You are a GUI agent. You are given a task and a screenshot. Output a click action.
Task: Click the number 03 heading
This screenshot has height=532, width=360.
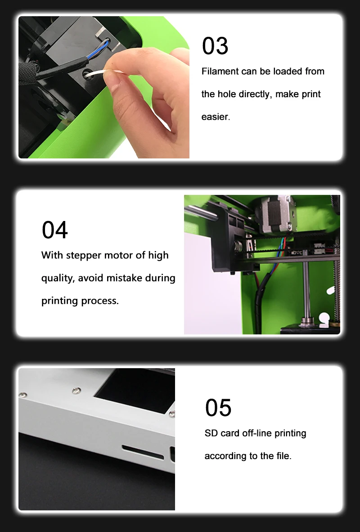(x=215, y=46)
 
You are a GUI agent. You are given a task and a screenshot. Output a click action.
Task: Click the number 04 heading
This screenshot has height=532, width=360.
(x=54, y=230)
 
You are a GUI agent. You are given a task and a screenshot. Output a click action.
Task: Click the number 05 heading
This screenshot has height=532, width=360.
(x=218, y=407)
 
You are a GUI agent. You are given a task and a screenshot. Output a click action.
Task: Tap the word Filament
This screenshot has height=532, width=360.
(x=220, y=72)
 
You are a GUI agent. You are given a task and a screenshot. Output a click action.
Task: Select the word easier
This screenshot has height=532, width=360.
(x=216, y=117)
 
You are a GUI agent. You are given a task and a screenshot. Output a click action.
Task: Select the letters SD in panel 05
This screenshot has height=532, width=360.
(x=211, y=433)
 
